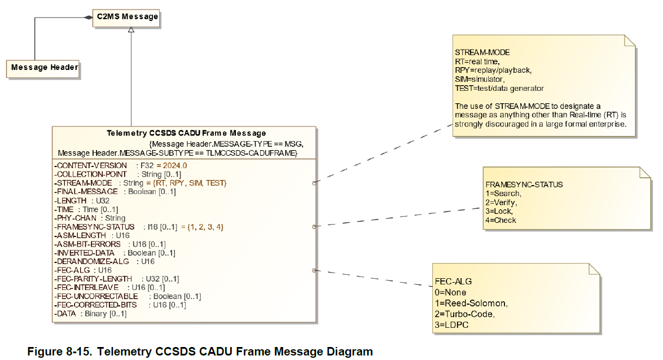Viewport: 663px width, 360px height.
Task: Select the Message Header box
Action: [45, 68]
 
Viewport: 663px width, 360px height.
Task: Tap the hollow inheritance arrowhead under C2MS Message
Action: [131, 29]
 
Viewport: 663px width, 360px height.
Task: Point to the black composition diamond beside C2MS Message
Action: [88, 17]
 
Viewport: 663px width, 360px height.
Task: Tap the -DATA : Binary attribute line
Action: [90, 313]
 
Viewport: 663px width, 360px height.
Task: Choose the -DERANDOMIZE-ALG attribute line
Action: [104, 261]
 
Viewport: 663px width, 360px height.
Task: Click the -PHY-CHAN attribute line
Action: [90, 218]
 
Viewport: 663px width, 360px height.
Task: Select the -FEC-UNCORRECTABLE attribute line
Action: [128, 296]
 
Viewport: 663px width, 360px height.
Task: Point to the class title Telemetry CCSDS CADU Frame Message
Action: [186, 133]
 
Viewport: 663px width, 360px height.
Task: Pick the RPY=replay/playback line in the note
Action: [493, 70]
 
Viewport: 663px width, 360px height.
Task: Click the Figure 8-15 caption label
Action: [200, 352]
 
